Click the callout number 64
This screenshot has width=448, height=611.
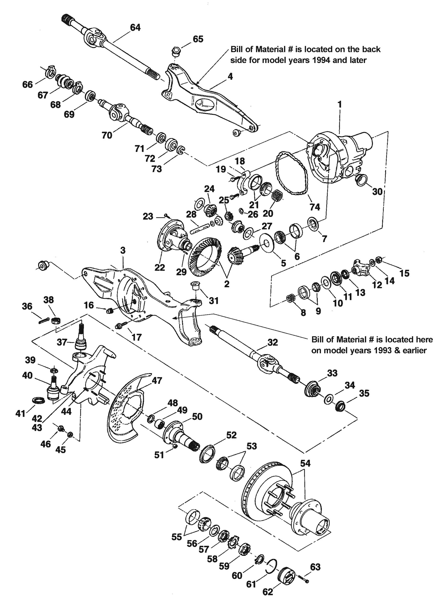tap(135, 27)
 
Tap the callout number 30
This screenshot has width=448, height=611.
tap(377, 191)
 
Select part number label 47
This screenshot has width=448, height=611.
tap(157, 380)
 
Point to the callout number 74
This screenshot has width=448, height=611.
tap(315, 207)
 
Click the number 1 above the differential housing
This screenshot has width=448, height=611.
tap(340, 104)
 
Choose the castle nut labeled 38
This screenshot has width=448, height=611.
tap(56, 321)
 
